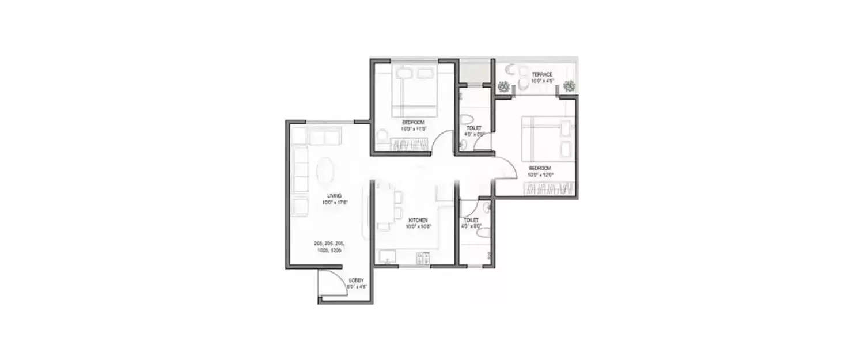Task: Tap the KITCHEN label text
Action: pos(417,220)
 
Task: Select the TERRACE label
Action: pos(542,74)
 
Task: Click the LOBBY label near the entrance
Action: pos(356,281)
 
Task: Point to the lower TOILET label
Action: pos(471,220)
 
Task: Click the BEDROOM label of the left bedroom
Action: pos(413,122)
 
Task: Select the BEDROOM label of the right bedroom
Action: pos(540,168)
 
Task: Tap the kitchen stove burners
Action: pos(422,259)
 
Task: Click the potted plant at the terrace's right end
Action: pos(570,86)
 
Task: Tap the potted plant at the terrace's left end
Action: pos(504,86)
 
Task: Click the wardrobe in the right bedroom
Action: pos(551,188)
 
